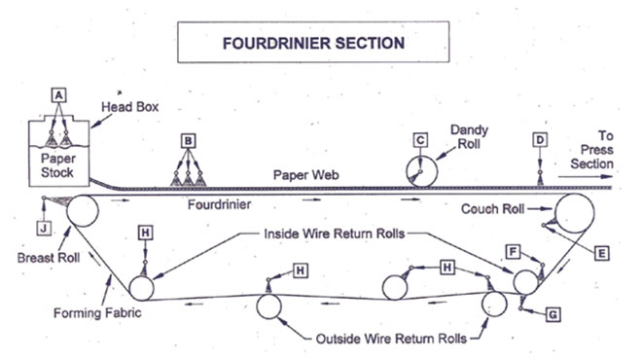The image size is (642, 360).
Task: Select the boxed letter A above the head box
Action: point(58,94)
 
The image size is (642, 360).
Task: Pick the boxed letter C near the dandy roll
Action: point(420,139)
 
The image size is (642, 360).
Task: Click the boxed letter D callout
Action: point(540,139)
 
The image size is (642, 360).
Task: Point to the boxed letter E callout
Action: point(601,252)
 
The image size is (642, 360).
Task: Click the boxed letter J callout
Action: point(43,230)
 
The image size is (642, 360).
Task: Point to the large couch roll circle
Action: point(575,212)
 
